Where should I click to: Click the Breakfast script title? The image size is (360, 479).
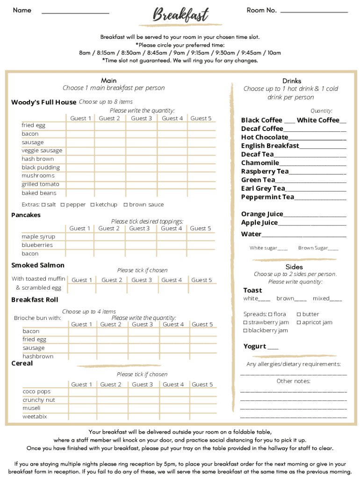[x=180, y=15]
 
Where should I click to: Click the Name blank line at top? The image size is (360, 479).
[x=75, y=13]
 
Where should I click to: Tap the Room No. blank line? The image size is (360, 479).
[x=314, y=12]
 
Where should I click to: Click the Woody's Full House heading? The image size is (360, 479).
[x=43, y=102]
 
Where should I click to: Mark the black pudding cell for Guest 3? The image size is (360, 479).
[x=141, y=167]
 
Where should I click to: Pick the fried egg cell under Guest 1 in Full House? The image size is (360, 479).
[x=80, y=125]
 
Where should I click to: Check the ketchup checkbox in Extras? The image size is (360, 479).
[x=93, y=205]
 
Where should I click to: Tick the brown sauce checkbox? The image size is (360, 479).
[x=126, y=205]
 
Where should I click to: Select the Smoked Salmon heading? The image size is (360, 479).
[x=38, y=265]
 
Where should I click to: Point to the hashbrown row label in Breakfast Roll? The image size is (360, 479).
[x=38, y=356]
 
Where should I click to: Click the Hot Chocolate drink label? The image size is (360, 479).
[x=265, y=137]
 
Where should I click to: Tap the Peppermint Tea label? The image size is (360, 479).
[x=267, y=197]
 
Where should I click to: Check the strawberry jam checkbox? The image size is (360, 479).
[x=245, y=322]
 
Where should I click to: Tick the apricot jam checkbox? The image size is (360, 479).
[x=299, y=322]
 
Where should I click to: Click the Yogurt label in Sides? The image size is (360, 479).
[x=255, y=346]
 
